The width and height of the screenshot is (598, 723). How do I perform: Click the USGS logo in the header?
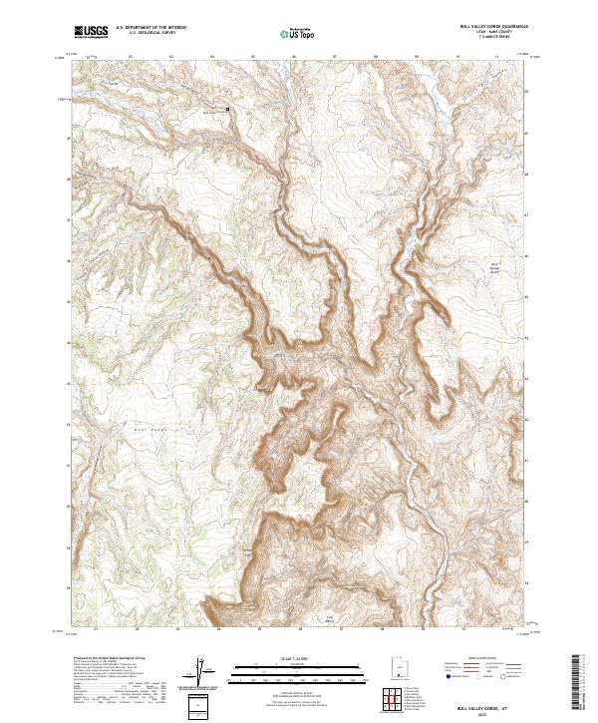click(91, 32)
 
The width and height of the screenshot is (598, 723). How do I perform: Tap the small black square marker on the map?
click(226, 108)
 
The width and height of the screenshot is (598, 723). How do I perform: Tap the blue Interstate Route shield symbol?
click(448, 676)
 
